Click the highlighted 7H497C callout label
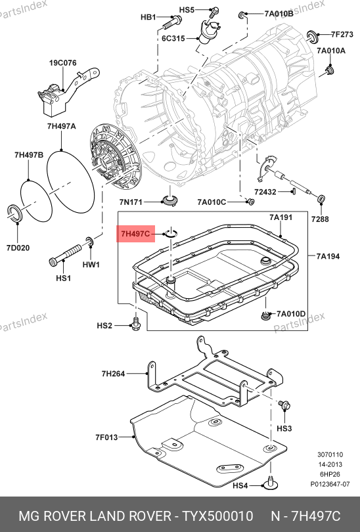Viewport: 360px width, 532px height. pyautogui.click(x=135, y=234)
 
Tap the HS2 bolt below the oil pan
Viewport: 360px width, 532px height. pyautogui.click(x=135, y=324)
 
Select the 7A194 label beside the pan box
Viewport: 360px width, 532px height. pyautogui.click(x=328, y=256)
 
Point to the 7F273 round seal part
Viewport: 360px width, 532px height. pyautogui.click(x=312, y=36)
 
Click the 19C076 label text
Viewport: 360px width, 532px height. pyautogui.click(x=63, y=63)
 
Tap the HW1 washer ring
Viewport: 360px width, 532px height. pyautogui.click(x=90, y=242)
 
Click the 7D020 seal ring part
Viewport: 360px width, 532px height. pyautogui.click(x=15, y=214)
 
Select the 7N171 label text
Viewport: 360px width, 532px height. pyautogui.click(x=131, y=202)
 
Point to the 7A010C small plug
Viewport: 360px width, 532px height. pyautogui.click(x=250, y=202)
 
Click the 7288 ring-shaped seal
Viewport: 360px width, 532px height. pyautogui.click(x=321, y=199)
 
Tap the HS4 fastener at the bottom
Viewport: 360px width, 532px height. pyautogui.click(x=271, y=483)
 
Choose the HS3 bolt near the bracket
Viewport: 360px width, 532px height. pyautogui.click(x=284, y=405)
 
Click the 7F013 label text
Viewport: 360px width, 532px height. pyautogui.click(x=106, y=437)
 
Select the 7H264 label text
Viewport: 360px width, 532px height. pyautogui.click(x=114, y=374)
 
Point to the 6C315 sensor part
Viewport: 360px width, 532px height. pyautogui.click(x=209, y=32)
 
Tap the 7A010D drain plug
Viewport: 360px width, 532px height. pyautogui.click(x=265, y=315)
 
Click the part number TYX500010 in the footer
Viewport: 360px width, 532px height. pyautogui.click(x=218, y=516)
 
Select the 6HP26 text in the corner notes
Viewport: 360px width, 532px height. pyautogui.click(x=330, y=474)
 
